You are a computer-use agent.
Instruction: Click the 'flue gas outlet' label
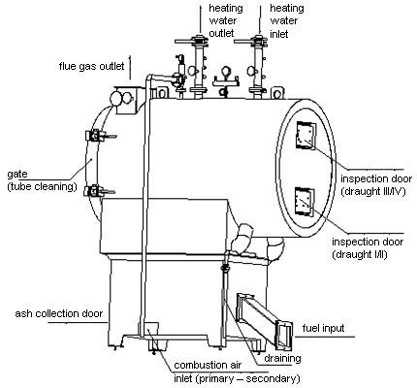point(91,67)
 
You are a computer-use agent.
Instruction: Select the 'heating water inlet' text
point(287,20)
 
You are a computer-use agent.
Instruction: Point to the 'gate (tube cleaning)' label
point(42,180)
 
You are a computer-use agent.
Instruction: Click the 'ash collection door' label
point(59,313)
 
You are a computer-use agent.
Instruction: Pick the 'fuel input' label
point(323,328)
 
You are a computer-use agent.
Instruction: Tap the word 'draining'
point(282,358)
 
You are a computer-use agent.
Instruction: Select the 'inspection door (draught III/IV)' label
point(376,185)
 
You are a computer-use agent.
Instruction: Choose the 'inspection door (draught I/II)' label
point(368,248)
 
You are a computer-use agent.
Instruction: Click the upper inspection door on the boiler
point(305,136)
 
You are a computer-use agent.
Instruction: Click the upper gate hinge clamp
point(96,136)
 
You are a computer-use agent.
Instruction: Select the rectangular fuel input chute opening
point(284,336)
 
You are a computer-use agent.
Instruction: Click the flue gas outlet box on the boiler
point(126,100)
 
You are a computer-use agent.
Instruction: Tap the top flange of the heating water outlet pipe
point(198,41)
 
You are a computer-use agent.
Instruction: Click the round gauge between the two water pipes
point(225,71)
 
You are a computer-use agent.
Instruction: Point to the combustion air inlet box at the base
point(149,330)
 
